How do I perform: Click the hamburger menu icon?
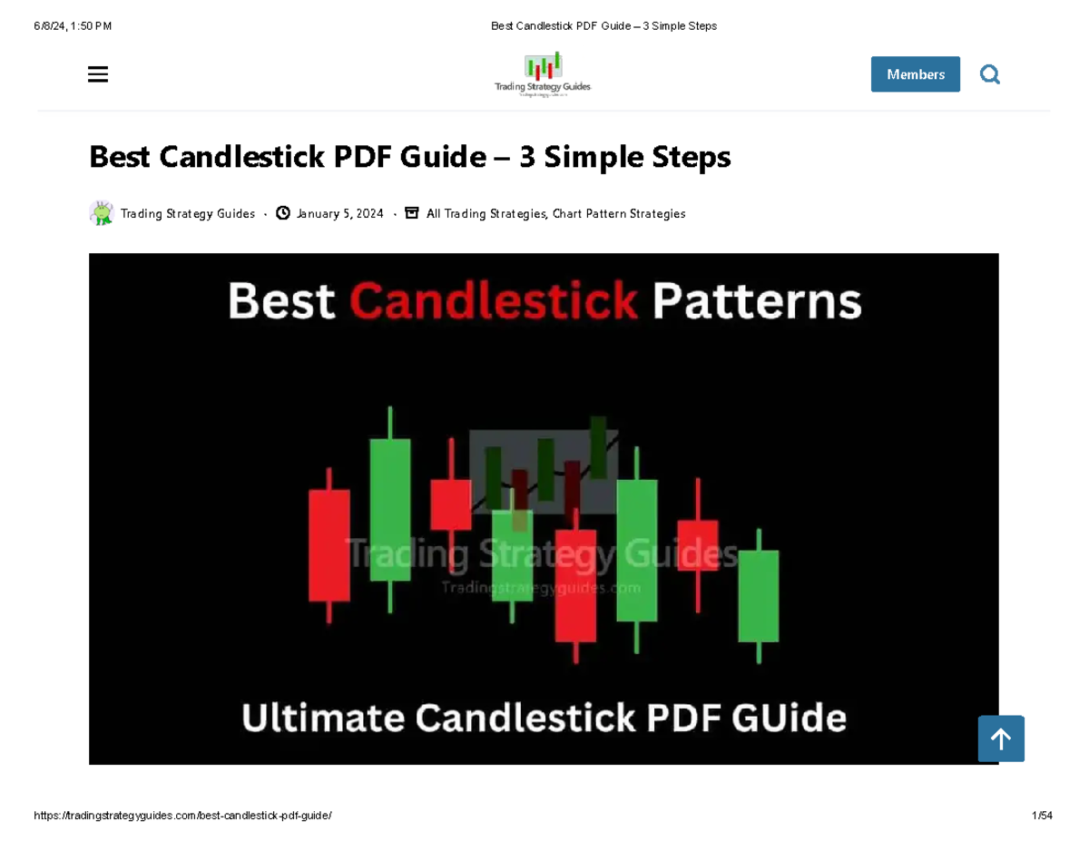click(x=98, y=74)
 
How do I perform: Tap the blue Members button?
click(x=915, y=74)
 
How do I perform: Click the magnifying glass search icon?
click(x=990, y=74)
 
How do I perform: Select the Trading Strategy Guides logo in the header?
click(x=543, y=74)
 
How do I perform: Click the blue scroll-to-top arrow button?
click(x=1001, y=739)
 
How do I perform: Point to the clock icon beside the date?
click(x=283, y=213)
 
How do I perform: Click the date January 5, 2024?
click(x=339, y=214)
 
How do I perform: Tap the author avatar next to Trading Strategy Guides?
click(x=101, y=213)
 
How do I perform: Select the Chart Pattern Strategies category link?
click(x=619, y=214)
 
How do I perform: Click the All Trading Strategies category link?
click(x=486, y=214)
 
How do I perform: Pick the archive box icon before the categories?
click(x=411, y=213)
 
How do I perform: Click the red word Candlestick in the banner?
click(x=493, y=301)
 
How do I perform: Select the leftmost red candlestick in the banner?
click(x=329, y=545)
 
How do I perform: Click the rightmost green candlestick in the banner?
click(x=758, y=595)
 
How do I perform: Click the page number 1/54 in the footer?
click(x=1042, y=816)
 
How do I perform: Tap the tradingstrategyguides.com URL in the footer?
click(x=182, y=816)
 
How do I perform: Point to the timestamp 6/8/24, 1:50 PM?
click(x=73, y=26)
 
